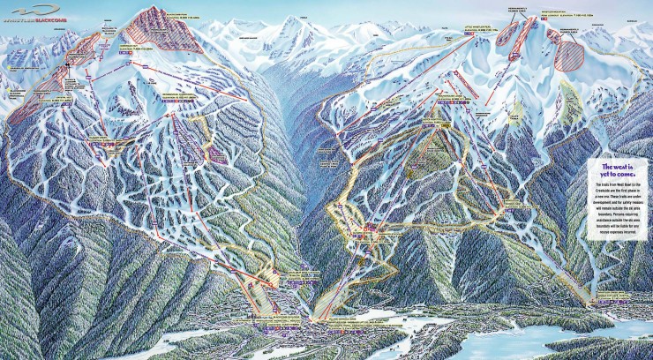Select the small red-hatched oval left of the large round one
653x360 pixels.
(553, 36)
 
